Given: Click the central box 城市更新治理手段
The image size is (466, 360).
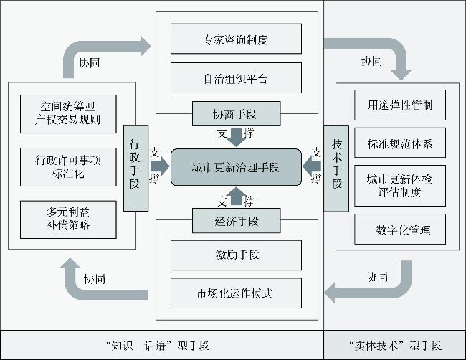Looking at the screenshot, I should point(236,167).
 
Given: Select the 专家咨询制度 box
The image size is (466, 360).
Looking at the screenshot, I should point(236,39).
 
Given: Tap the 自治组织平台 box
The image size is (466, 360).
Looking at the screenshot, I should point(236,77).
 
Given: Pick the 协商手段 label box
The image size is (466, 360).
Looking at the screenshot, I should point(236,113).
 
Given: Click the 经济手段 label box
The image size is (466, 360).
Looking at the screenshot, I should point(236,221).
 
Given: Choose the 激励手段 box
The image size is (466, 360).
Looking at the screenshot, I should point(236,255).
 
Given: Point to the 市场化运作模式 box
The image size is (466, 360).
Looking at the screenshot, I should point(236,293).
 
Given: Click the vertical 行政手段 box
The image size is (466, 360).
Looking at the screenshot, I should point(135,168).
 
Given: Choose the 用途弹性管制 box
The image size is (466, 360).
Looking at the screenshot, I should point(400,105).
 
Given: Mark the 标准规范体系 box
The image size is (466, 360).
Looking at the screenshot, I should point(400,145).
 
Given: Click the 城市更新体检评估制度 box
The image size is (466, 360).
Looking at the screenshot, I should point(400,186).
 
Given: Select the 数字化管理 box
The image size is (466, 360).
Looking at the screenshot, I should point(400,229).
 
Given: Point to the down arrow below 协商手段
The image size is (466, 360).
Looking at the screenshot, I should point(236,136).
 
